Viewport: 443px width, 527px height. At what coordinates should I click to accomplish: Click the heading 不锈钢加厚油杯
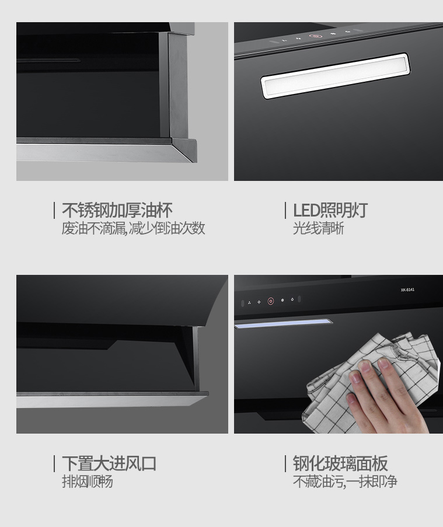pos(117,211)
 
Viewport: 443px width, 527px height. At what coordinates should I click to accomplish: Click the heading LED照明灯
pos(330,211)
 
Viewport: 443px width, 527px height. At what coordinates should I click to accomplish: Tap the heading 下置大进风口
pos(109,463)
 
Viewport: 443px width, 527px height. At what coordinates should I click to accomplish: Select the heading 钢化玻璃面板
pos(340,463)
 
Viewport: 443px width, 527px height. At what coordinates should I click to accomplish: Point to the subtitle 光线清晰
pos(318,229)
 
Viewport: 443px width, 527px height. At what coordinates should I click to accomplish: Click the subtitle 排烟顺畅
pos(88,481)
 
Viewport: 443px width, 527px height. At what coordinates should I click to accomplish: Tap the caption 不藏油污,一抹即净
pos(345,481)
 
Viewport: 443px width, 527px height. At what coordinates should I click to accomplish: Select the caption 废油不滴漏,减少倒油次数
pos(133,229)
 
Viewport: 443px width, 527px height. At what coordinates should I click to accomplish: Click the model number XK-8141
pos(407,289)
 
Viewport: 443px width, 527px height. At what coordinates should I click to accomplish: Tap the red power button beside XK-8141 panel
pos(271,301)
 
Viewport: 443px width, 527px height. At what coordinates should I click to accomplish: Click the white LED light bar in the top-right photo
pos(336,76)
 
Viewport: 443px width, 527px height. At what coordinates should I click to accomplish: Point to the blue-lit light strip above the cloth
pos(283,323)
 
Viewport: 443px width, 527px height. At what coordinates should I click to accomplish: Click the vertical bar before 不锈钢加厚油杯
pos(54,211)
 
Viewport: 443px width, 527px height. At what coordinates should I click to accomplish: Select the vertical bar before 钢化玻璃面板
pos(285,464)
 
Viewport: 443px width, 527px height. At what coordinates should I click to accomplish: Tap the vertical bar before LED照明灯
pos(285,211)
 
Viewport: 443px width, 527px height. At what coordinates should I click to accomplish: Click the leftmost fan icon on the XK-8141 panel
pos(249,303)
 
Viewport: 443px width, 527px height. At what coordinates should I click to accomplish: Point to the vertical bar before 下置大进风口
pos(54,464)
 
